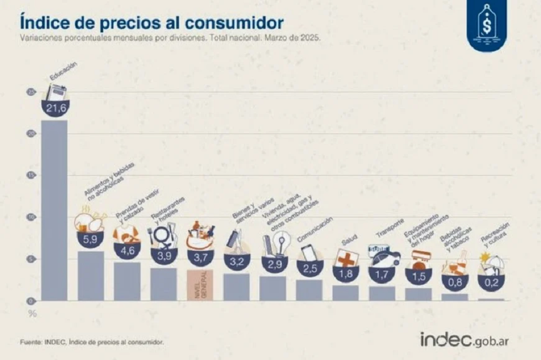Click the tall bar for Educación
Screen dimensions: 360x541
click(54, 211)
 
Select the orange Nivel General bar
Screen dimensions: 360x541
click(200, 285)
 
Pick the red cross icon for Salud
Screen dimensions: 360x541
click(346, 258)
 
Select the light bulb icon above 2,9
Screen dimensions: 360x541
click(281, 245)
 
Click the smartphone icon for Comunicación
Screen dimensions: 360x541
click(307, 252)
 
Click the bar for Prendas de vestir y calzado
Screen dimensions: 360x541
click(127, 281)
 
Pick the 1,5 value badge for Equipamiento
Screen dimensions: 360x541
click(418, 275)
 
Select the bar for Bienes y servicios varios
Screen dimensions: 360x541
click(236, 286)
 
